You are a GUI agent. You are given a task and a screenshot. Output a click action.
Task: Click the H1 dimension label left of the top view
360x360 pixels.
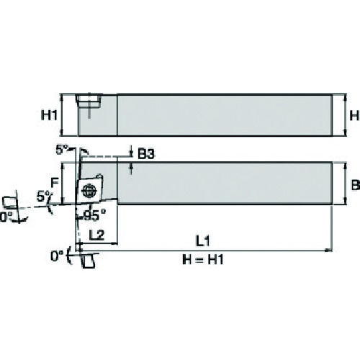(x=49, y=115)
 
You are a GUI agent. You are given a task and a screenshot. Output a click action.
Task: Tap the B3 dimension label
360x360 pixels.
(x=146, y=154)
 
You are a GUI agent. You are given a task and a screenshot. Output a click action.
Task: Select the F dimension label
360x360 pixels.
(x=55, y=183)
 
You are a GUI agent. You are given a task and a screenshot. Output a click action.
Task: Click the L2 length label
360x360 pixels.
(x=96, y=235)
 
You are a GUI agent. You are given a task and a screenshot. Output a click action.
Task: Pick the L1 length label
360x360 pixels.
(x=203, y=240)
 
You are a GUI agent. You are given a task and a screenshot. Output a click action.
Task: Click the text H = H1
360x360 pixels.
(x=203, y=259)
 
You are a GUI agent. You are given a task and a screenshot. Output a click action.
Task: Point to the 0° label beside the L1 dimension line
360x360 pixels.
(x=57, y=256)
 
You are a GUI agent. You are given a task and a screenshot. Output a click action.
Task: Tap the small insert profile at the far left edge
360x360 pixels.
(x=9, y=202)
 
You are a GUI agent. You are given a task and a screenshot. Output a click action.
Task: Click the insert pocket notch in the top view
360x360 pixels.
(x=89, y=101)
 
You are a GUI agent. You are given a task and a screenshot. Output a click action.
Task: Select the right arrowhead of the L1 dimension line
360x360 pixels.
(x=329, y=251)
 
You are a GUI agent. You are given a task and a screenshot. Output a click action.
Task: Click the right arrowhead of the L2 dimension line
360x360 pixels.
(x=114, y=244)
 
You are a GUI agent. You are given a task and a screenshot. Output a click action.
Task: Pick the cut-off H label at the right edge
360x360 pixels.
(x=355, y=116)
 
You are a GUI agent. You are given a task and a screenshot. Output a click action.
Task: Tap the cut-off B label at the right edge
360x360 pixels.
(x=356, y=185)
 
